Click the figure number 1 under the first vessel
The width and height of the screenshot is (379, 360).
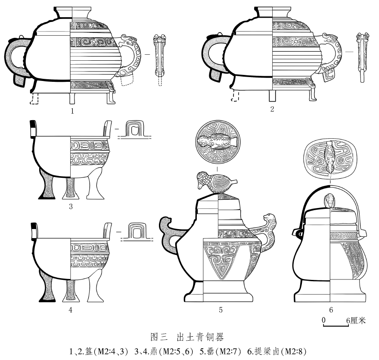73,111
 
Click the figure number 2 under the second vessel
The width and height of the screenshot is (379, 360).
272,109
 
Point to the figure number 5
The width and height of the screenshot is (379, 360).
220,309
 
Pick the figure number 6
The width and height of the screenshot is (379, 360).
331,309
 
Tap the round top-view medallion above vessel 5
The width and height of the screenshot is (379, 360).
217,142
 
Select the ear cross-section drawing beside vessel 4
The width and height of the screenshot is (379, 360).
137,232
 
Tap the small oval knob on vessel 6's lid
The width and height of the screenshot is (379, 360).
329,200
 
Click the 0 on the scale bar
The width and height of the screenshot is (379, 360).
323,320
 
